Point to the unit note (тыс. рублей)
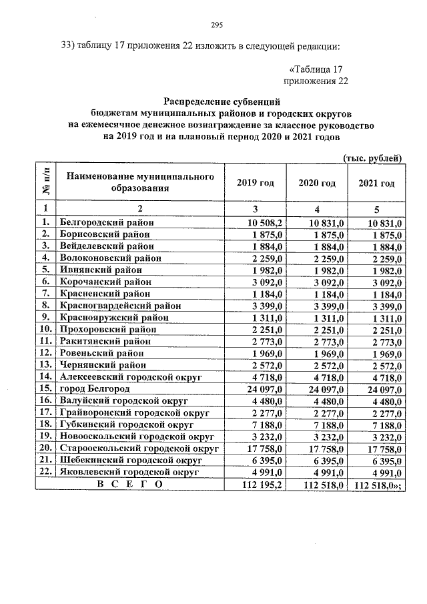click(x=372, y=158)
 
